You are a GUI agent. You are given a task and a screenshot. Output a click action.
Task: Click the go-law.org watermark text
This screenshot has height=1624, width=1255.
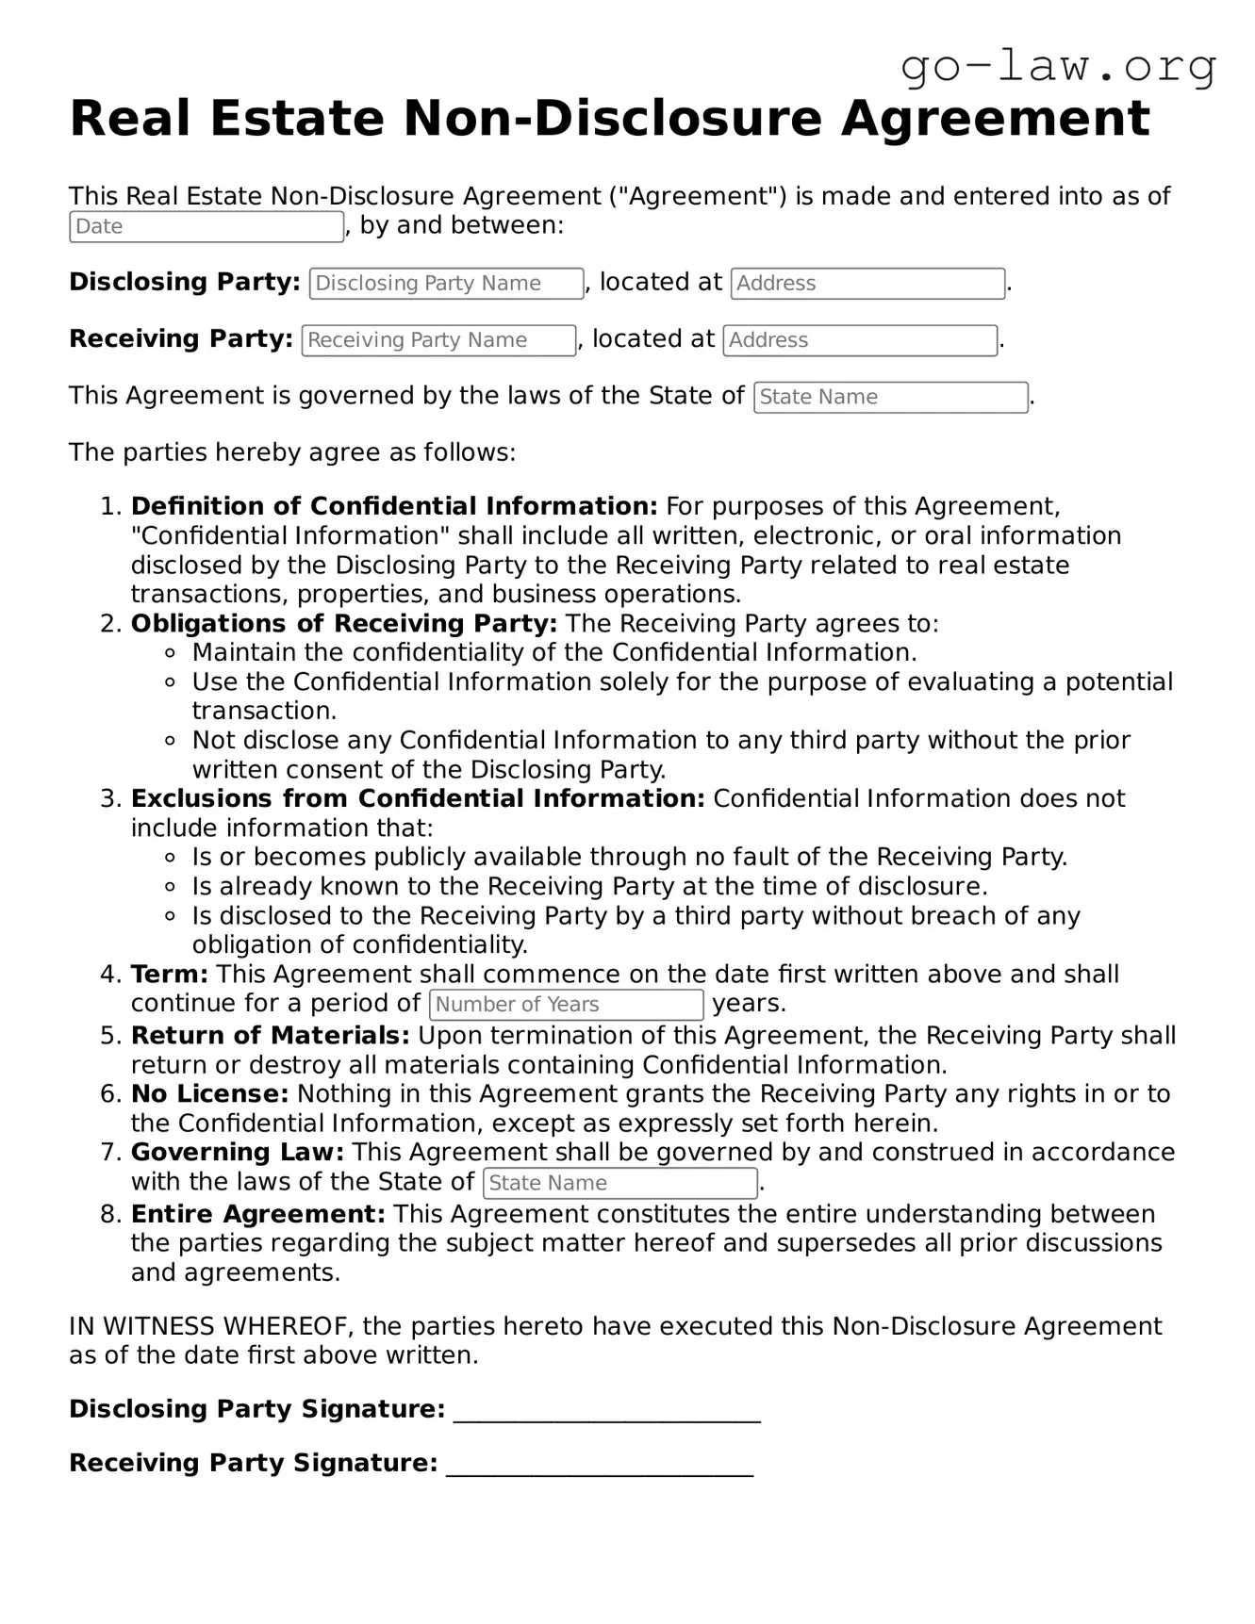pos(1058,67)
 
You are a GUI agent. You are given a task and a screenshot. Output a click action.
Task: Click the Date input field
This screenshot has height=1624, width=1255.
pos(206,227)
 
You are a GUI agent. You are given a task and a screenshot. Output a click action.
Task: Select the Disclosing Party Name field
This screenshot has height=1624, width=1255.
pos(446,284)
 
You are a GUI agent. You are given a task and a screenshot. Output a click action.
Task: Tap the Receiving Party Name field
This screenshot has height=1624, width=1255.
pos(438,340)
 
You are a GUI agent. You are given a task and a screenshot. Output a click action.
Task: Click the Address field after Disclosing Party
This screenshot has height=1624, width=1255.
pos(867,284)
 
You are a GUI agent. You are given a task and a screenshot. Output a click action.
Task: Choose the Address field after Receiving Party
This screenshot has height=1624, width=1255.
pos(860,340)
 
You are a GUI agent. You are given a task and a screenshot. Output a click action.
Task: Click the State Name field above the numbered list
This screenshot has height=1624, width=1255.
pos(890,398)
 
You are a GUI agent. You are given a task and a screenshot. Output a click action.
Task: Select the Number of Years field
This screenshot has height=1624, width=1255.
pos(566,1005)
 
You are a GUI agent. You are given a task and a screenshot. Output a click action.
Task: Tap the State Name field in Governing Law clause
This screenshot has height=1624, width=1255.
pos(619,1183)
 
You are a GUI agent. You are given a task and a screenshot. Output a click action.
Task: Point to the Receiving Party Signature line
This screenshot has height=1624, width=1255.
pos(599,1465)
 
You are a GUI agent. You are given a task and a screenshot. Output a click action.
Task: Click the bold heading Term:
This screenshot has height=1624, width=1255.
pos(170,975)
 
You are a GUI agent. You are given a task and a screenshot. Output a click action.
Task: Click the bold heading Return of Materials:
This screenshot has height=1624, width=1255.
pos(270,1036)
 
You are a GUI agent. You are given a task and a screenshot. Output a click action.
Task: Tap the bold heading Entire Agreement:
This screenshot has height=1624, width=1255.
pos(257,1214)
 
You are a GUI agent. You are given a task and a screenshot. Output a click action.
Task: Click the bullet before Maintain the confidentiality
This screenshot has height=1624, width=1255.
pos(171,653)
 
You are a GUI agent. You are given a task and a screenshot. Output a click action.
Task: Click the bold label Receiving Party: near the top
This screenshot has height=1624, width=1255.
pos(180,339)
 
